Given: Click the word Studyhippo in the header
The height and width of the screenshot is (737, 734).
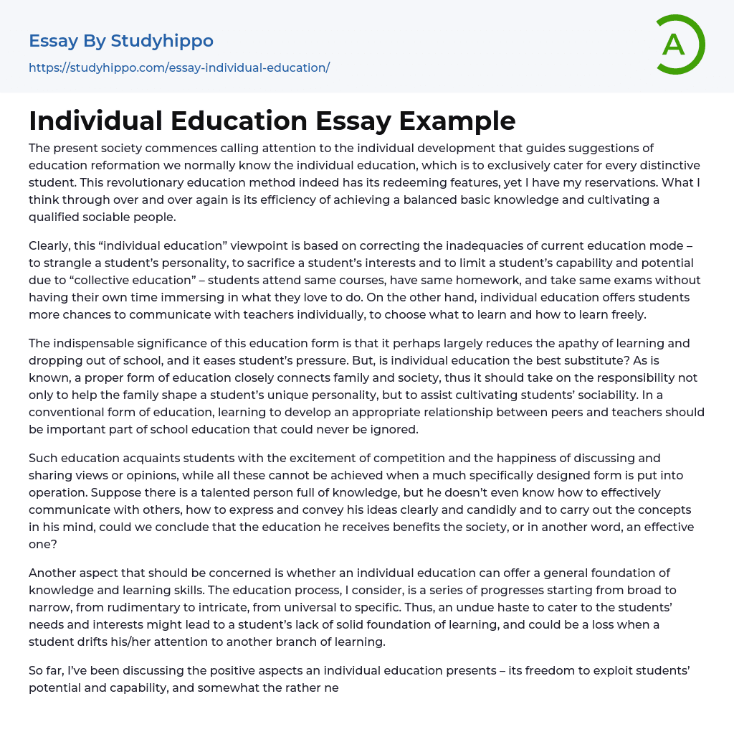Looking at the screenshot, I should [162, 41].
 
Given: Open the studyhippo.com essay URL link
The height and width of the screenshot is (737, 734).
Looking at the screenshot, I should [179, 67].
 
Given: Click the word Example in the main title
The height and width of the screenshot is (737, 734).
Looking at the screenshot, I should [457, 121].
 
